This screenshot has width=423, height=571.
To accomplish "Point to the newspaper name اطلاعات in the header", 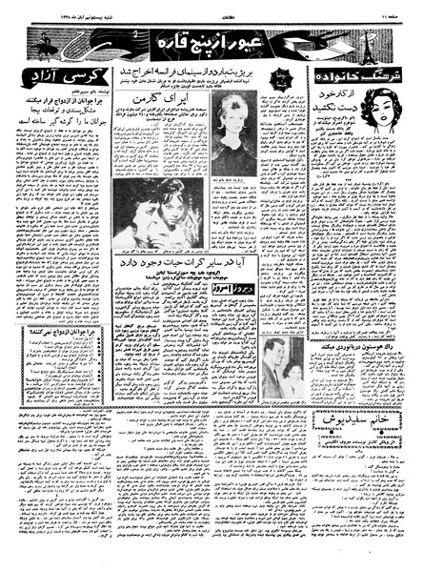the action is tap(211, 13).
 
